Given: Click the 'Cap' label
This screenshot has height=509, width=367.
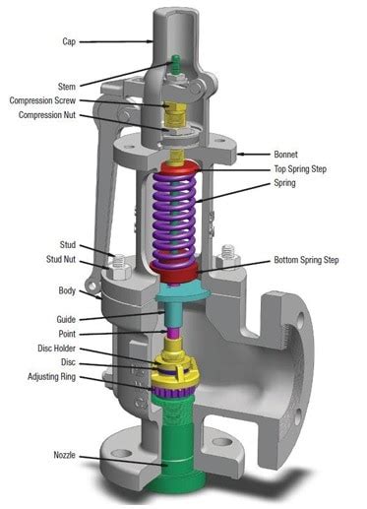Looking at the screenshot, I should (68, 42).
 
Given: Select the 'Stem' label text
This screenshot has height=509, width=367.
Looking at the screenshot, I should (62, 86).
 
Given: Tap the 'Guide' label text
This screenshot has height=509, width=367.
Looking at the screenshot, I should (66, 319).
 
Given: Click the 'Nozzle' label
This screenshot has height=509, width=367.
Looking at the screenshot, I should (65, 455).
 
